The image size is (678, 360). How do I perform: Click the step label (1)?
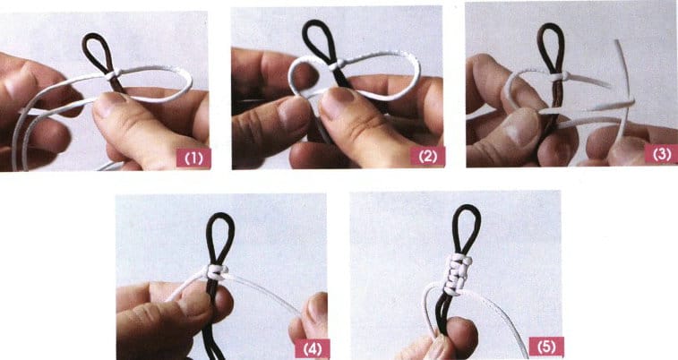193,159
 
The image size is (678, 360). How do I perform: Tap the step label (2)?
427,157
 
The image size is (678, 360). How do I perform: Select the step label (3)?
661,154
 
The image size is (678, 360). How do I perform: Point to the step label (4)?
313,349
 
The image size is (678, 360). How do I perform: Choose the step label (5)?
546,347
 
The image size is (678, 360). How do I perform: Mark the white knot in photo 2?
337,65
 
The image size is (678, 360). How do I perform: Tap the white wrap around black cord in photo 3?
558,77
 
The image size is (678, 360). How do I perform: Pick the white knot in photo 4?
217,272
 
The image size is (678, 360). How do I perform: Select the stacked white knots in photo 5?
459,273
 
